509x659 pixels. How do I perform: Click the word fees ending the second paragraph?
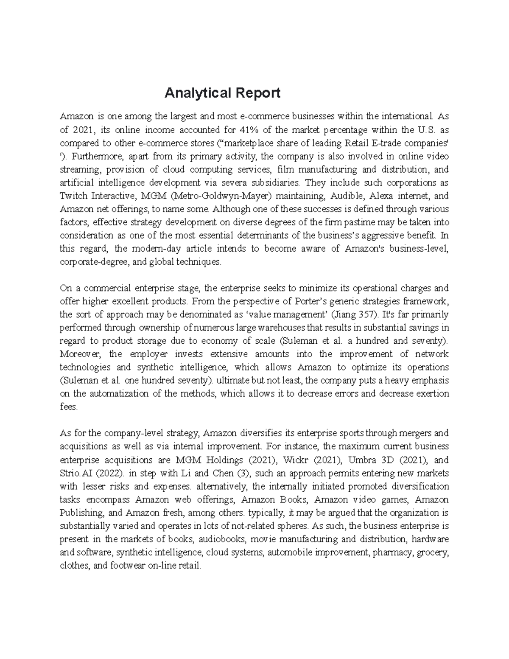(69, 407)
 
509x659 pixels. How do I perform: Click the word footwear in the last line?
(126, 566)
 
